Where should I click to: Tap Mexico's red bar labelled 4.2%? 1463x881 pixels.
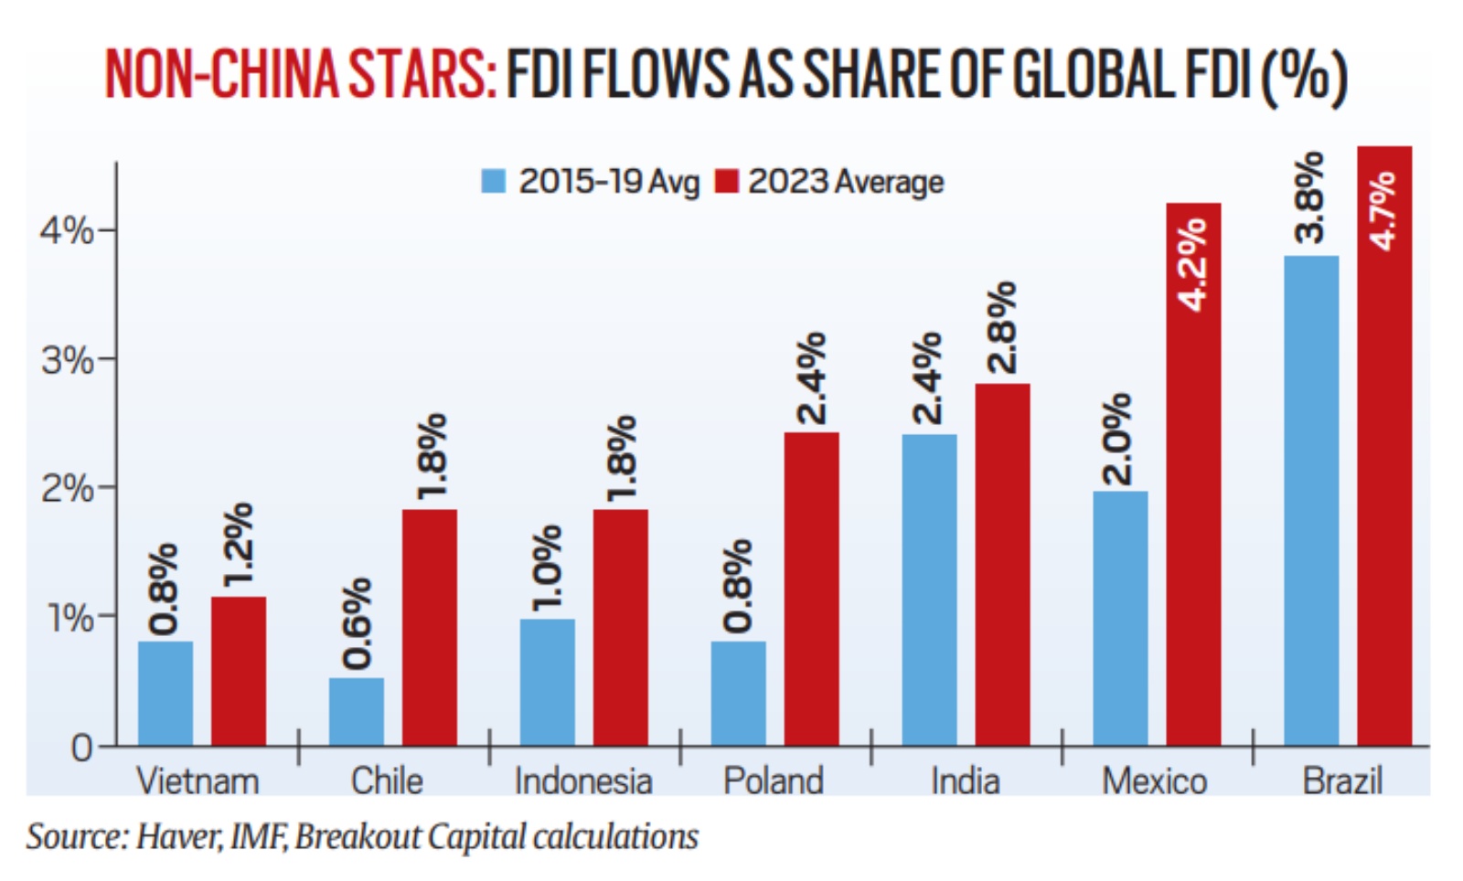pyautogui.click(x=1193, y=475)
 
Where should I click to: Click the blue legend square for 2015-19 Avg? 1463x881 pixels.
pyautogui.click(x=494, y=181)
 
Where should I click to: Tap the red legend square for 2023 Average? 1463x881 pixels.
pyautogui.click(x=726, y=181)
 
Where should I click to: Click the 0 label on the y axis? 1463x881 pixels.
pyautogui.click(x=81, y=748)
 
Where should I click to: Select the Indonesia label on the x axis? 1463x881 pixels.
pyautogui.click(x=583, y=782)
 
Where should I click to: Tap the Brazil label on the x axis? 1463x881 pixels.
pyautogui.click(x=1341, y=782)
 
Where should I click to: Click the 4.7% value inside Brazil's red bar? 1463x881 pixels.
pyautogui.click(x=1383, y=210)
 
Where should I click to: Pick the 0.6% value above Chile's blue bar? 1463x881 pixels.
pyautogui.click(x=357, y=623)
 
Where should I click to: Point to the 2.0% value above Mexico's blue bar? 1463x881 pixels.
pyautogui.click(x=1118, y=439)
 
